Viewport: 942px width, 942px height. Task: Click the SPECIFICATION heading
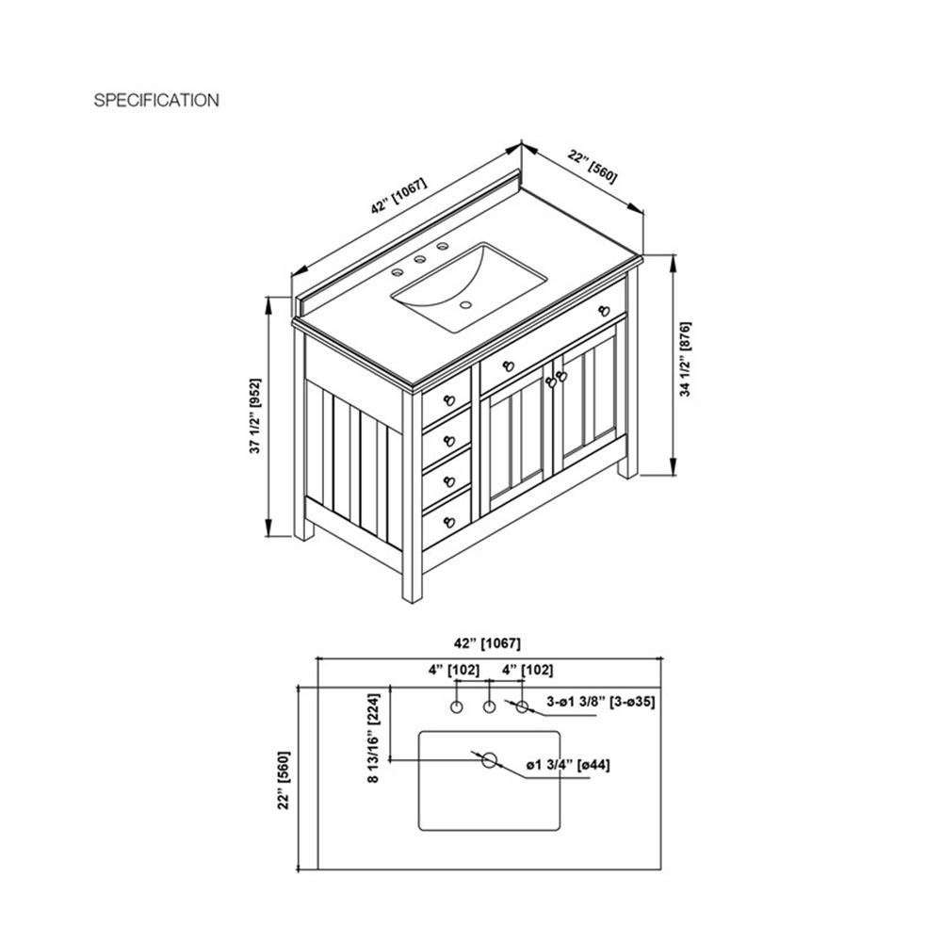[156, 100]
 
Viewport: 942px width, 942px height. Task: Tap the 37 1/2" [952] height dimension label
[255, 415]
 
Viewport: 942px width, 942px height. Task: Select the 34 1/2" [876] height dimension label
[685, 359]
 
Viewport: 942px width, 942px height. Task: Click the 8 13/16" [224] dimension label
[374, 739]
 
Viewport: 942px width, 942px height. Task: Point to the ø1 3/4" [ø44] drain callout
[568, 765]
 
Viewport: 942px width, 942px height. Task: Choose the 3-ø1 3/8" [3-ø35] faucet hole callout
[600, 701]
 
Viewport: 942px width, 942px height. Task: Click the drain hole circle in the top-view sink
[490, 760]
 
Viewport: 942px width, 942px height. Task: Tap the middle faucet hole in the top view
[490, 706]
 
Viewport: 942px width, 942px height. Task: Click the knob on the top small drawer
[449, 400]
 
